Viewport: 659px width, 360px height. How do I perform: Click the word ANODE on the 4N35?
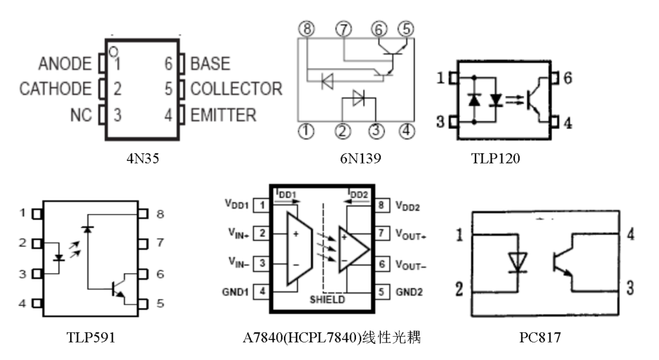pos(64,64)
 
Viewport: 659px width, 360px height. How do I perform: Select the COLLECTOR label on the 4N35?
pos(236,89)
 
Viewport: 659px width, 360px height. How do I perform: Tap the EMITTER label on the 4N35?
pos(223,115)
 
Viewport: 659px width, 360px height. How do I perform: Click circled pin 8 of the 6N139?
pos(308,29)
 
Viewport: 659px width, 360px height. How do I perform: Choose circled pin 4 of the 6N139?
pos(405,131)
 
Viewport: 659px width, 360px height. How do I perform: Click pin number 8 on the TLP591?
pos(160,213)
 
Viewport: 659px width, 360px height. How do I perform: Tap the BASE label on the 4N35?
pos(210,64)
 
